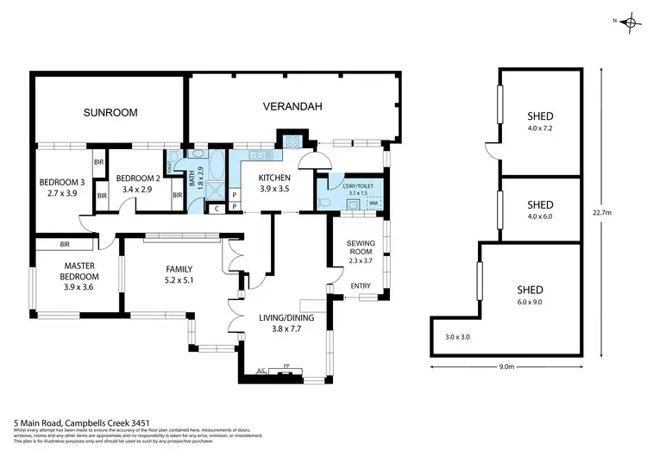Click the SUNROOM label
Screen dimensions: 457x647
(x=110, y=112)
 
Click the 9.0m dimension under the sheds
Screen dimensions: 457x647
(x=506, y=367)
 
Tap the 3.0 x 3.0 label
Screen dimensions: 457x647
(x=457, y=336)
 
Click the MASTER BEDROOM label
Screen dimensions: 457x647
(x=79, y=271)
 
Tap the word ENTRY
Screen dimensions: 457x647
(x=360, y=286)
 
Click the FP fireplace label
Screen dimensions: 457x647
(x=286, y=367)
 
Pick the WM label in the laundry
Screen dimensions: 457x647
(x=374, y=203)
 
